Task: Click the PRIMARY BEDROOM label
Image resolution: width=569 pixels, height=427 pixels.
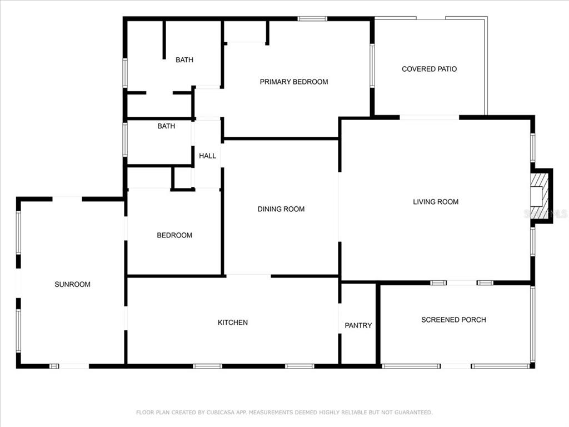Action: pos(294,82)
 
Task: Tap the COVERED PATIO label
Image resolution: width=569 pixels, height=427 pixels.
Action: pos(430,69)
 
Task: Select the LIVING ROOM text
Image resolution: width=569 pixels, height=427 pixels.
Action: pos(436,202)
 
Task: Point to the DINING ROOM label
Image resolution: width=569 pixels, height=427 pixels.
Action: pos(281,209)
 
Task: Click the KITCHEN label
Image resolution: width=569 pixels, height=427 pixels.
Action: pos(233,322)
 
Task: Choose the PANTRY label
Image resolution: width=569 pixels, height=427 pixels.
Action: pos(358,325)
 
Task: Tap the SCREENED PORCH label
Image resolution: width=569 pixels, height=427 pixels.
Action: pos(453,320)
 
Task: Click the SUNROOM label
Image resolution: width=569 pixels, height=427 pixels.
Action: pos(73,284)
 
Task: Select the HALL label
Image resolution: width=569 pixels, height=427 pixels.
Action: pos(208,156)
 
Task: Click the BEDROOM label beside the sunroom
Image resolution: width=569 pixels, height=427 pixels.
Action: pos(174,235)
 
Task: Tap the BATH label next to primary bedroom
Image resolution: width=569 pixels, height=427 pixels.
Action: pos(184,60)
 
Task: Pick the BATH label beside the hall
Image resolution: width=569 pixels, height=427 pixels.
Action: pos(166,126)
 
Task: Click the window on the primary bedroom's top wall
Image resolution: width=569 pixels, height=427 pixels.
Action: pos(312,19)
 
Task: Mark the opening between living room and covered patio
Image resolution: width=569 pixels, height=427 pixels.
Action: pos(430,117)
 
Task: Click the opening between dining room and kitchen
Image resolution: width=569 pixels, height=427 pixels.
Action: pos(248,276)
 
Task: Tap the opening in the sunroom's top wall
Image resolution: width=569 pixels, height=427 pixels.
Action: pos(67,199)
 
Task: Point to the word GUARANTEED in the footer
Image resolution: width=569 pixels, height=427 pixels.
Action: pos(413,413)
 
